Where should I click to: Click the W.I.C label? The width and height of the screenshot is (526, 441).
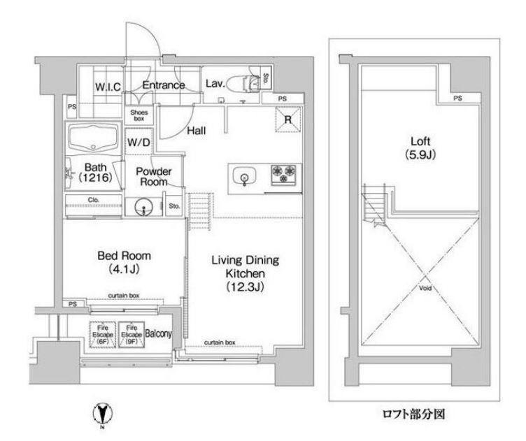pyautogui.click(x=108, y=87)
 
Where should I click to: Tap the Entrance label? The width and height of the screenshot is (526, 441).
pyautogui.click(x=164, y=86)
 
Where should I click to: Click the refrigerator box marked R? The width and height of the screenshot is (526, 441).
pyautogui.click(x=287, y=119)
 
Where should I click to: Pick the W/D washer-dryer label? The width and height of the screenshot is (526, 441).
pyautogui.click(x=137, y=142)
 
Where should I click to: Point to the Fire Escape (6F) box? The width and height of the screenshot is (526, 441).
pyautogui.click(x=100, y=335)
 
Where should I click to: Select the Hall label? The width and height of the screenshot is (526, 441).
pyautogui.click(x=195, y=131)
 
